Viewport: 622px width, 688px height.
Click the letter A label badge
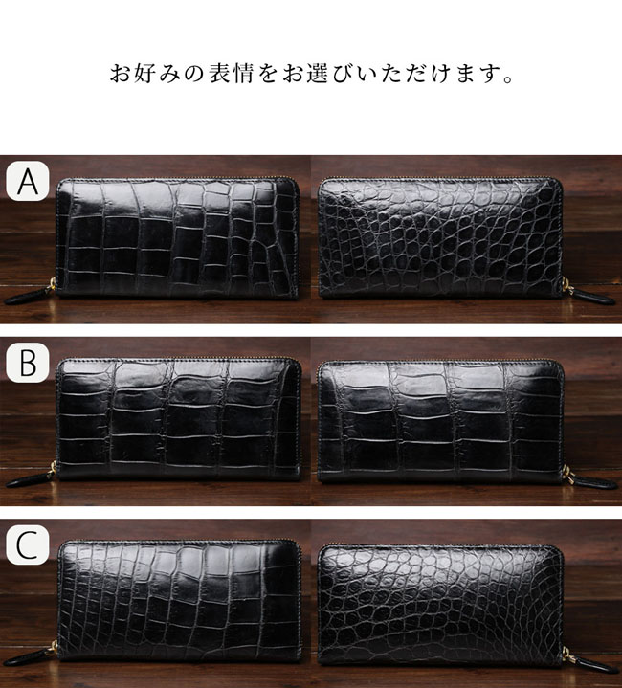click(x=27, y=181)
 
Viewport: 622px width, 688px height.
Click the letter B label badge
click(x=27, y=363)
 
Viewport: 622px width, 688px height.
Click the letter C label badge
click(x=27, y=544)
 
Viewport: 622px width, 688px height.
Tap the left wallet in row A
click(x=178, y=238)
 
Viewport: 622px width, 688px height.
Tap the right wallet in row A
click(x=440, y=237)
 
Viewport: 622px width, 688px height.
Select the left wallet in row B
click(x=179, y=418)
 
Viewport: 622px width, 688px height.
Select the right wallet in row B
click(x=441, y=421)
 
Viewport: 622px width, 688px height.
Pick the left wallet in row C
click(x=179, y=601)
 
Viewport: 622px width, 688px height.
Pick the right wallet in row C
click(x=440, y=605)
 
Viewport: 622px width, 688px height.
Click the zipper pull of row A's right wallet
click(x=589, y=293)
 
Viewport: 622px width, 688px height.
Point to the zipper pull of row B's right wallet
click(x=590, y=478)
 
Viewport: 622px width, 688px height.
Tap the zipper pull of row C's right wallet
click(x=590, y=661)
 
